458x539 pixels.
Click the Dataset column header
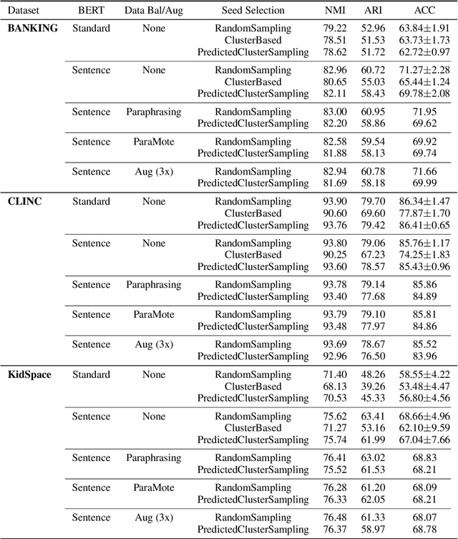[x=24, y=11]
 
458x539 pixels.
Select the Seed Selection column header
[x=253, y=11]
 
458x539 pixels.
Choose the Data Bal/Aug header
[x=153, y=11]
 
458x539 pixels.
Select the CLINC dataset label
[x=25, y=201]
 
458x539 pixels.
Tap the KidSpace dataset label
[x=30, y=374]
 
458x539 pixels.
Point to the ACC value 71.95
[x=424, y=112]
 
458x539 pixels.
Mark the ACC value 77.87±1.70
[x=424, y=213]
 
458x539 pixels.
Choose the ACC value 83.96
[x=424, y=356]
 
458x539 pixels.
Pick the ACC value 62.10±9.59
[x=424, y=427]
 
